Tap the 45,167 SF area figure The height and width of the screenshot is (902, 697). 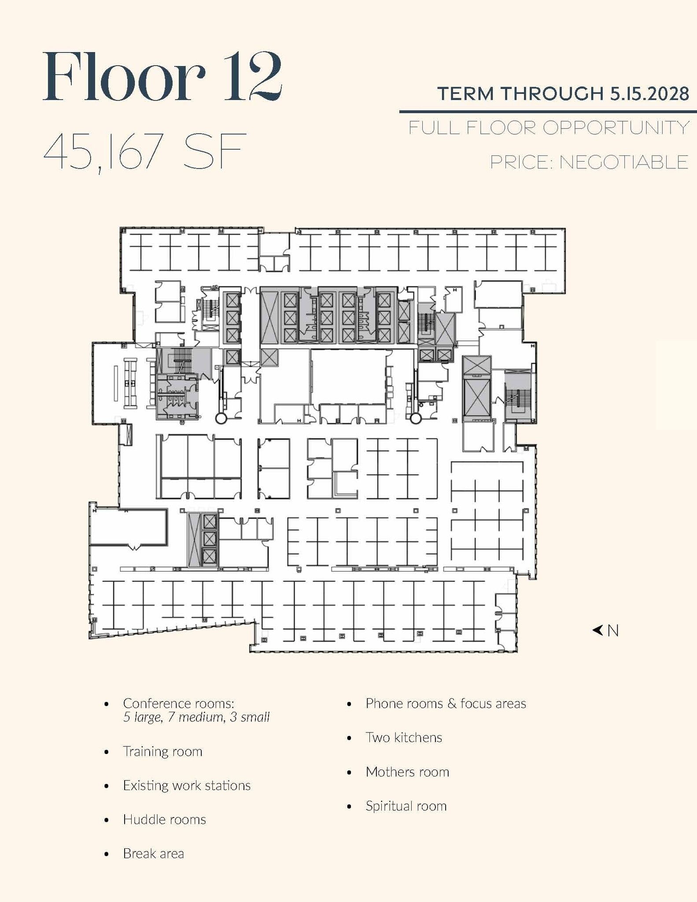tap(144, 152)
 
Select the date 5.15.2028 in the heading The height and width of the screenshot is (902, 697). tap(649, 94)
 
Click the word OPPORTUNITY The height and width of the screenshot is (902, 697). tap(616, 128)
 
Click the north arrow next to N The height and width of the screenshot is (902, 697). tap(597, 630)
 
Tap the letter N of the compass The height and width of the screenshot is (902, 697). tap(613, 631)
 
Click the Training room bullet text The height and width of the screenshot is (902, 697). tap(162, 751)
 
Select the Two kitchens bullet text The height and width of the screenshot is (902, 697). tap(404, 737)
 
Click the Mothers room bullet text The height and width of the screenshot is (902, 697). tap(407, 772)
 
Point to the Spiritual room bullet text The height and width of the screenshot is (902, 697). tap(406, 806)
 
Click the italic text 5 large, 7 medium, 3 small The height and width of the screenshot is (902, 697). tap(196, 717)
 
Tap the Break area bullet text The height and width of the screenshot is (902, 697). tap(153, 854)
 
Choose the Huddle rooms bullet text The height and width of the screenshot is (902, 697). tap(164, 819)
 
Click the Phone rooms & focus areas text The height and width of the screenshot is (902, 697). tap(446, 703)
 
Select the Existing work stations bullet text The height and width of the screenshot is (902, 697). tap(187, 785)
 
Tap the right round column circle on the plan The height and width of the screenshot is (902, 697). tap(416, 418)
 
